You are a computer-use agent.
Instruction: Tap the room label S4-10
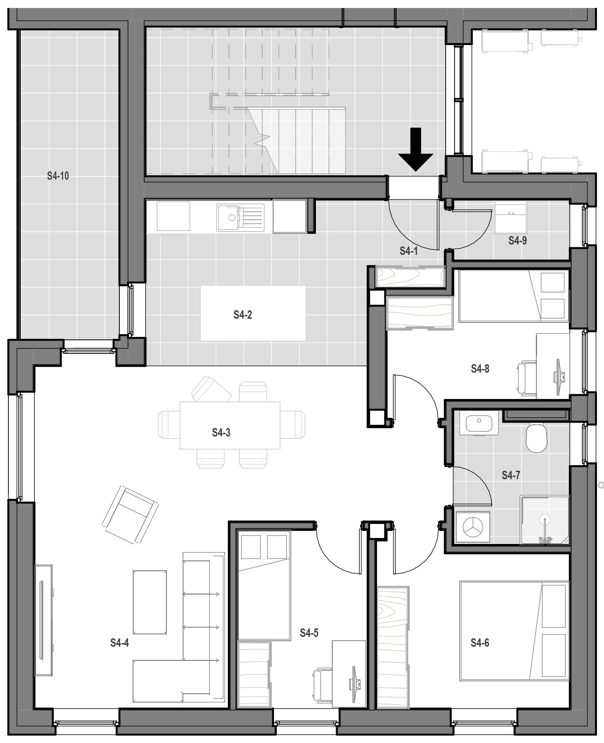coord(58,176)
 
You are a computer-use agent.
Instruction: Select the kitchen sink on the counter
coord(240,217)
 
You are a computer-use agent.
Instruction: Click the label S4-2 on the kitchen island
coord(243,314)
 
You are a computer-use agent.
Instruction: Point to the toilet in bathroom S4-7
coord(536,438)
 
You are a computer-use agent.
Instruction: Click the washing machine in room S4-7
coord(473,526)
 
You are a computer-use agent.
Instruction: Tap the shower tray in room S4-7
coord(545,520)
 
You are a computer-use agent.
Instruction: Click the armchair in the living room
coord(130,514)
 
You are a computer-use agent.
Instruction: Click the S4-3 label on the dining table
coord(221,433)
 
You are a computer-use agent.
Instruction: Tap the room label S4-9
coord(518,240)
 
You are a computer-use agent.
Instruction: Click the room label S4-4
coord(119,643)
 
